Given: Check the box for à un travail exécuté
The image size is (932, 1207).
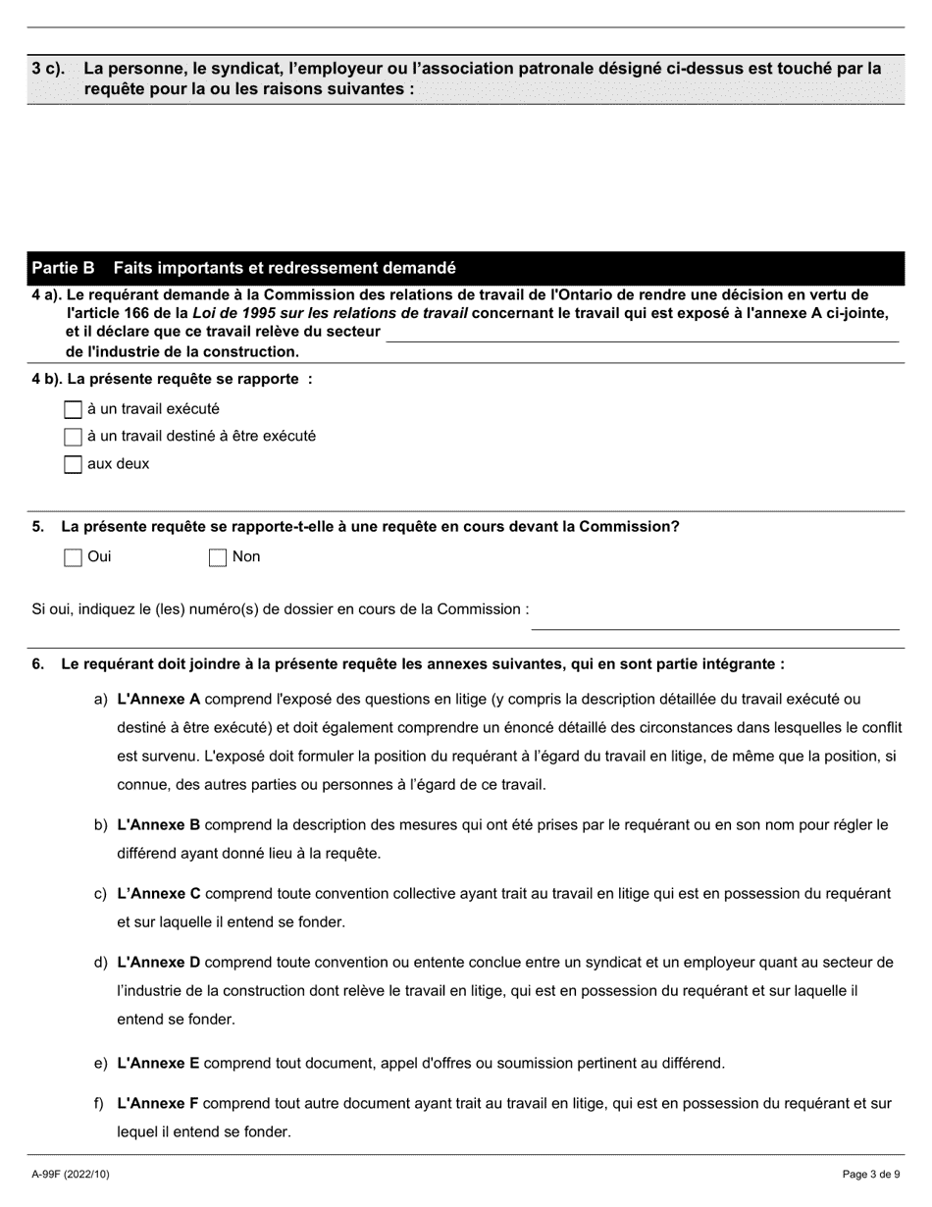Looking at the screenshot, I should (x=73, y=409).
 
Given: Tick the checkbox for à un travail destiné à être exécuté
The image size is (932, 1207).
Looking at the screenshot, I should (x=73, y=437).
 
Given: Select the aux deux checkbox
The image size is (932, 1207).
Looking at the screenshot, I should (x=73, y=464).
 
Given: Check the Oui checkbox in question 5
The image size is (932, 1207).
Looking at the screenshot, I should (x=73, y=557).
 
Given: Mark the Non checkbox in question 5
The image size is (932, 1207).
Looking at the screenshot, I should (x=218, y=557).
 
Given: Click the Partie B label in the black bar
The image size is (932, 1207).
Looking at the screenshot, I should (x=64, y=268).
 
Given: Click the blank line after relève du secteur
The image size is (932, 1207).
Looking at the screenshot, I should (x=643, y=333).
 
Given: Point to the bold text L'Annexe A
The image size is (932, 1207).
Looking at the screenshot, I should (x=158, y=700).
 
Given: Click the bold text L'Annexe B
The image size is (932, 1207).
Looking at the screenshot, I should (x=158, y=825).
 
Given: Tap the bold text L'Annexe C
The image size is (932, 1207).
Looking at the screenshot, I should (x=158, y=894).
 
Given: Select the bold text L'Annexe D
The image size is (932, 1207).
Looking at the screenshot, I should (x=158, y=963).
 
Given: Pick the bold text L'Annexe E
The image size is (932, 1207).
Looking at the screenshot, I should (x=158, y=1063).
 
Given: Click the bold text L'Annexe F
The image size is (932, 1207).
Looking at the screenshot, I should (x=158, y=1104).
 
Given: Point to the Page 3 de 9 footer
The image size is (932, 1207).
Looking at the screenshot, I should (x=871, y=1174).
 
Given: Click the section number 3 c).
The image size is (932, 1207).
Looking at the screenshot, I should (x=48, y=69).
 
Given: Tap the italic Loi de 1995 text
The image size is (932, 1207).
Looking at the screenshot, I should (x=230, y=313).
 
